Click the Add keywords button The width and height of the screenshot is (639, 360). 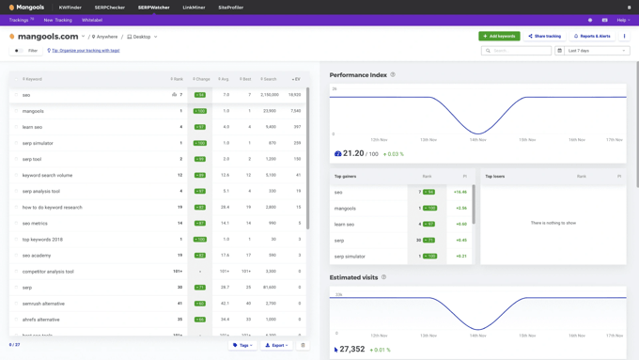pyautogui.click(x=499, y=36)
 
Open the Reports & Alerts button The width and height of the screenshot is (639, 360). pyautogui.click(x=592, y=36)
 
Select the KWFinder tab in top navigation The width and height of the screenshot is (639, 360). pyautogui.click(x=70, y=8)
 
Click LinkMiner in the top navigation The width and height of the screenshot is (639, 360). pyautogui.click(x=194, y=8)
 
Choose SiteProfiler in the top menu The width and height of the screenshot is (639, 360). pyautogui.click(x=230, y=8)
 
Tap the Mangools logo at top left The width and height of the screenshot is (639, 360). pyautogui.click(x=26, y=8)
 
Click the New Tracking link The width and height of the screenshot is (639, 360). pyautogui.click(x=57, y=20)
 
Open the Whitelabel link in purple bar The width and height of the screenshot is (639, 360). pyautogui.click(x=92, y=20)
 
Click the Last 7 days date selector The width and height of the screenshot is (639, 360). pyautogui.click(x=592, y=51)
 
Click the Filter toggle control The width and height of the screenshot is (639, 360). pyautogui.click(x=19, y=51)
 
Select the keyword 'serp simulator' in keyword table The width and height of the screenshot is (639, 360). pyautogui.click(x=38, y=143)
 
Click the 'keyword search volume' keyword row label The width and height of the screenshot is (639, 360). pyautogui.click(x=47, y=175)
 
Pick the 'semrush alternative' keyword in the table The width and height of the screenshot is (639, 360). pyautogui.click(x=43, y=304)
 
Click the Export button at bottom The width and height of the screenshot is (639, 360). pyautogui.click(x=276, y=345)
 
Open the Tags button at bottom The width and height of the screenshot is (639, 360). pyautogui.click(x=242, y=345)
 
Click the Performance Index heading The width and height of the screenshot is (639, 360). pyautogui.click(x=358, y=74)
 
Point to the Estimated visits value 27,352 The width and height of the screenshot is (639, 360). pyautogui.click(x=352, y=349)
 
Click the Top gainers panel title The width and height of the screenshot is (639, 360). pyautogui.click(x=345, y=176)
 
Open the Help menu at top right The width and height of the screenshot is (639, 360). pyautogui.click(x=621, y=20)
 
